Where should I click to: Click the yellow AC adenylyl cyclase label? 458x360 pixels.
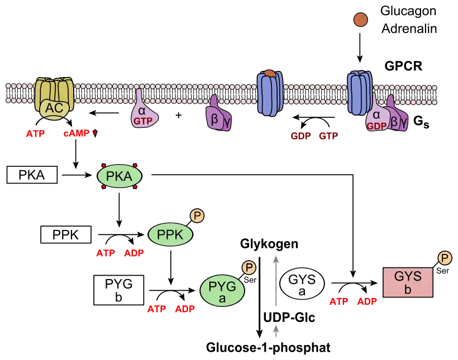(54, 108)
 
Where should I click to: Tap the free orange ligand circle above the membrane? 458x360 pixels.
(360, 20)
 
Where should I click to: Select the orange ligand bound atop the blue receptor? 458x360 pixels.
(270, 74)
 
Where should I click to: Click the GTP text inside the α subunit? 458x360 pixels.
(142, 120)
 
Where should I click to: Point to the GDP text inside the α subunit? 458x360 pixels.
(376, 126)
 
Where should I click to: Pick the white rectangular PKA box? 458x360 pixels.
(32, 175)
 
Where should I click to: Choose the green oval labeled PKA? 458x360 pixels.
(120, 176)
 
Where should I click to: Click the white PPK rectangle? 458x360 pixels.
(66, 235)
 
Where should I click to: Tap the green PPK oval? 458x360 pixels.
(170, 235)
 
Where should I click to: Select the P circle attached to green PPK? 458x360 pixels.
(197, 215)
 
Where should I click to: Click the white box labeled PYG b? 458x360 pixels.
(118, 290)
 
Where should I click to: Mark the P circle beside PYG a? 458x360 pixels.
(249, 268)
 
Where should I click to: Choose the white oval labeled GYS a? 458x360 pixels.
(302, 284)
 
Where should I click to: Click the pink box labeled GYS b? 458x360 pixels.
(408, 282)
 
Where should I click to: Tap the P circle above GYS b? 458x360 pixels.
(445, 258)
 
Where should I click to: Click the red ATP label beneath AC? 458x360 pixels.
(35, 134)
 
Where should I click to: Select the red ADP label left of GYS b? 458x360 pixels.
(367, 301)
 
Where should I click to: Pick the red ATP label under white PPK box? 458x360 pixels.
(105, 253)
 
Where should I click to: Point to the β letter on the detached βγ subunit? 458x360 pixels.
(213, 118)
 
